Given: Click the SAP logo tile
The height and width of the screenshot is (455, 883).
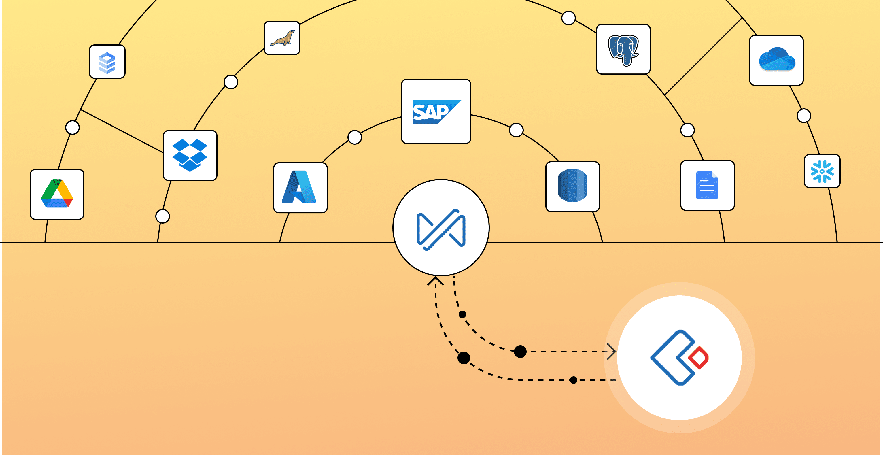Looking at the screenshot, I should tap(436, 112).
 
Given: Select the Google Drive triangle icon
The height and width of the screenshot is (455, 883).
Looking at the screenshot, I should tap(57, 194).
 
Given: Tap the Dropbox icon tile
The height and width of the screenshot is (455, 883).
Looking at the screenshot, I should tap(190, 155).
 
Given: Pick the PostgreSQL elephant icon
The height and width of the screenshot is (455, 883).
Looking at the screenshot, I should tap(623, 49).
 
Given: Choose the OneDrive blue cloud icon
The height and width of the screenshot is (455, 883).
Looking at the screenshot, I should tap(776, 60).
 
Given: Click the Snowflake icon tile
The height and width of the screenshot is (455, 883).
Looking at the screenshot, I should tap(822, 171).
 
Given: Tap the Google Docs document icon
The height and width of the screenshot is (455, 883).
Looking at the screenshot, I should tap(707, 185).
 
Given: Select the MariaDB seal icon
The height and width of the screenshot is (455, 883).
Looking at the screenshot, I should tap(282, 38).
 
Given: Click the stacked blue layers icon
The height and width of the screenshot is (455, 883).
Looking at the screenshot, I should tap(107, 62).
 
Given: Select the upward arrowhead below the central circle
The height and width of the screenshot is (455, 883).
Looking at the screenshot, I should tap(435, 281).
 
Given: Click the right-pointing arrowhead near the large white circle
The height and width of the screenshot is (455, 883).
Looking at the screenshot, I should tap(612, 352).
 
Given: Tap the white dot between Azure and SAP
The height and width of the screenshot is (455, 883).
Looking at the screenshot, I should tap(355, 137).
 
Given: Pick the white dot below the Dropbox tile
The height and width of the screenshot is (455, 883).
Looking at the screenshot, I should tap(162, 216).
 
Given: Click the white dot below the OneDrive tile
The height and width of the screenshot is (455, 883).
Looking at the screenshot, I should tap(804, 116).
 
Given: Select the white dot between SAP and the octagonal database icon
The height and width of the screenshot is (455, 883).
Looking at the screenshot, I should tap(516, 130).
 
